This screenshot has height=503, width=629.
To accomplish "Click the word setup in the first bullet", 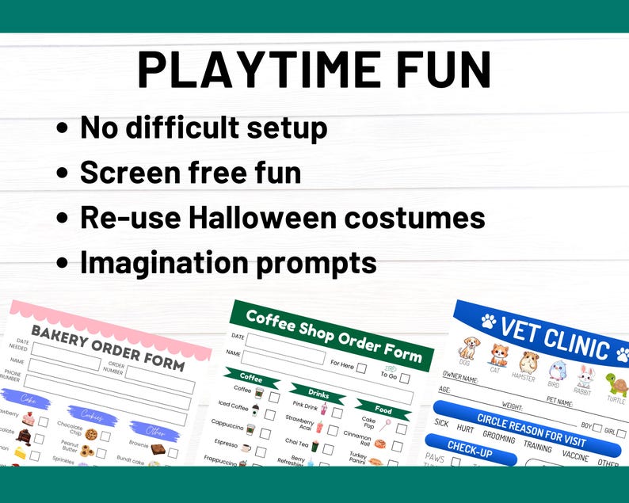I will click(285, 127).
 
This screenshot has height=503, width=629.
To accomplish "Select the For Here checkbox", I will click(361, 368).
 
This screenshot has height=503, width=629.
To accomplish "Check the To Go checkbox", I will click(405, 378).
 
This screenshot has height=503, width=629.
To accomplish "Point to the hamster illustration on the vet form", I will click(524, 361).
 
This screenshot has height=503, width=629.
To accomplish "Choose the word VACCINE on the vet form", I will click(576, 455).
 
